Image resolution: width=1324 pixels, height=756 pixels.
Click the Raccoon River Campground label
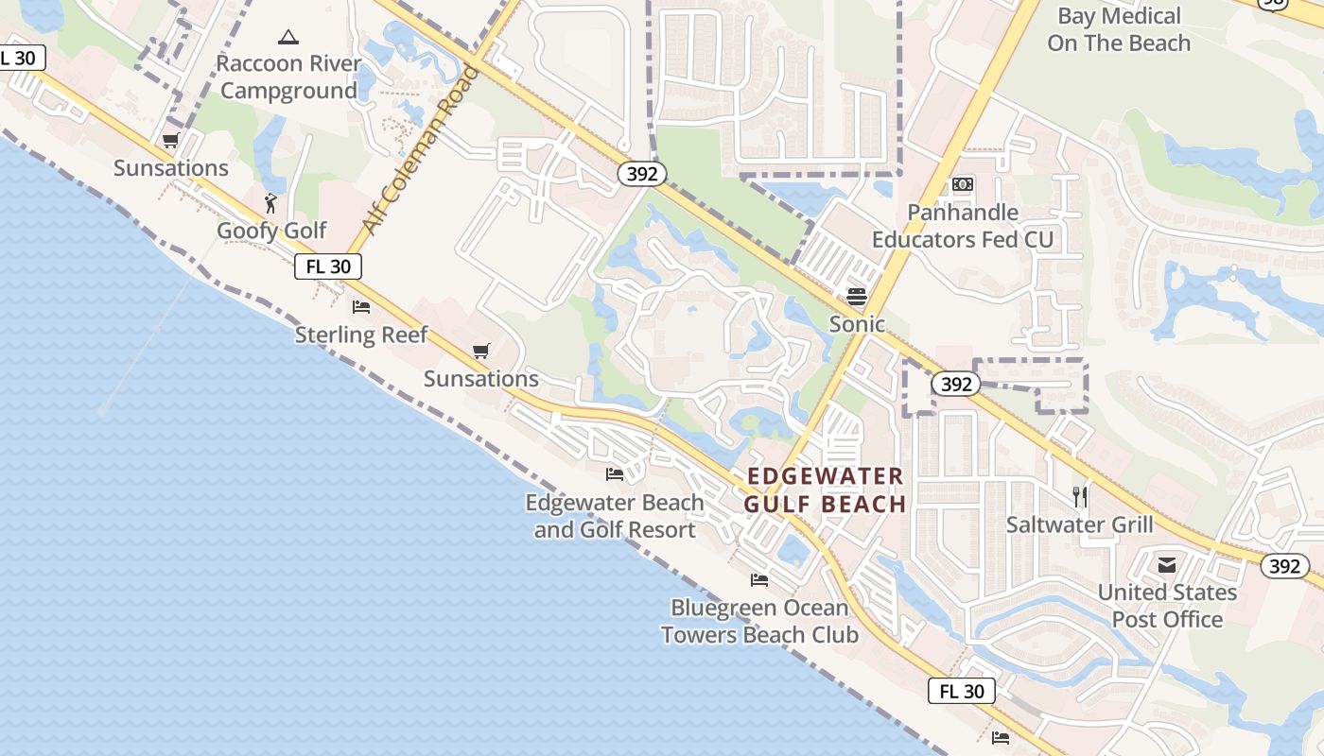tap(288, 77)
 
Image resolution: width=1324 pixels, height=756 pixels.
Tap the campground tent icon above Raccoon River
tap(288, 38)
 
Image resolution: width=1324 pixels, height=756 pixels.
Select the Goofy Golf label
tap(271, 231)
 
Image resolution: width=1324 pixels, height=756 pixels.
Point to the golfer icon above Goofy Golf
tap(271, 202)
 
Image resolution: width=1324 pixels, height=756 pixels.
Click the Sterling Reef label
tap(361, 335)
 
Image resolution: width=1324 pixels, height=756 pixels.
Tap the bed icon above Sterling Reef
tap(361, 307)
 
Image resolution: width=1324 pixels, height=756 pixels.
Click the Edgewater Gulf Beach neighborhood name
tap(825, 490)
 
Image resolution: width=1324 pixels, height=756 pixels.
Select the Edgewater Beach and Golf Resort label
tap(615, 516)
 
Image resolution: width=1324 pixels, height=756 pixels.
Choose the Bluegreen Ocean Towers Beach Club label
tap(759, 621)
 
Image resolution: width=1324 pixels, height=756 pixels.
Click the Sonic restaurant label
tap(857, 324)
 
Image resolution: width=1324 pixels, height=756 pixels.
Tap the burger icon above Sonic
tap(857, 297)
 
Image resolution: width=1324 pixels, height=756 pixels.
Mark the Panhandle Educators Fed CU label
tap(962, 226)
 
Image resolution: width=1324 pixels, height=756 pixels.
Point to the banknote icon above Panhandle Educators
tap(963, 184)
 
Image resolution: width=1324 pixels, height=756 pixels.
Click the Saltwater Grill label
tap(1079, 524)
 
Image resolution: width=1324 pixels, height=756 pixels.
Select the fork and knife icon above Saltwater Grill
tap(1079, 496)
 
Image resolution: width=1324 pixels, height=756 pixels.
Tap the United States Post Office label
tap(1167, 606)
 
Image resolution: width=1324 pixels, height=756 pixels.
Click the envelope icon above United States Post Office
tap(1167, 565)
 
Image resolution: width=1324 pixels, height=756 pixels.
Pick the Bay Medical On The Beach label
tap(1119, 29)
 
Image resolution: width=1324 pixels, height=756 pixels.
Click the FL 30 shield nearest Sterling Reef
tap(328, 266)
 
